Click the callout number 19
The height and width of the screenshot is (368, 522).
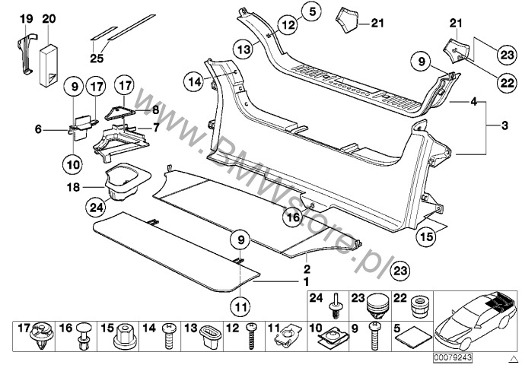click(26, 17)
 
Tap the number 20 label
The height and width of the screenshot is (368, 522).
click(49, 17)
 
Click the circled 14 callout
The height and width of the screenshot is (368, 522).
click(193, 80)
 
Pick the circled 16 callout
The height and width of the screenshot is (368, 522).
click(294, 217)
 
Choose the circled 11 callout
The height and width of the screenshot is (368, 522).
click(240, 307)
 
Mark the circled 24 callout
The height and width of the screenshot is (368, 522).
click(95, 206)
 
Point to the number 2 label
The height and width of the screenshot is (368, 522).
click(307, 268)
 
